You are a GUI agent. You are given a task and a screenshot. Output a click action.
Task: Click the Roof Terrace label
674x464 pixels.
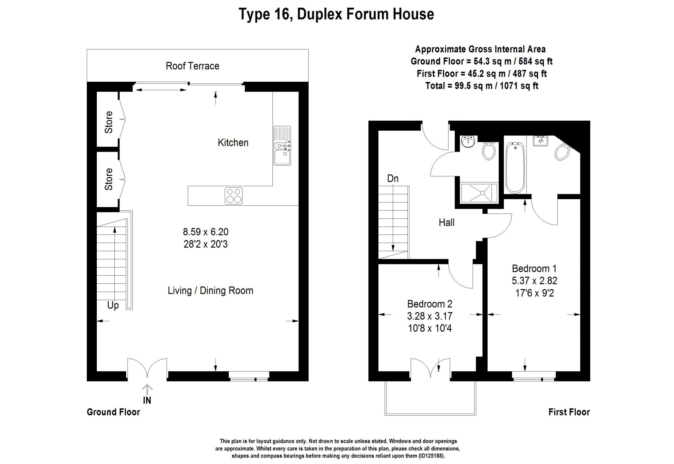[x=192, y=66]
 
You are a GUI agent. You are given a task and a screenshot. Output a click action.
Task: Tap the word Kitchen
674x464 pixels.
[x=233, y=143]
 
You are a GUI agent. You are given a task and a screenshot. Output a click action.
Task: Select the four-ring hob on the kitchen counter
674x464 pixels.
[x=234, y=196]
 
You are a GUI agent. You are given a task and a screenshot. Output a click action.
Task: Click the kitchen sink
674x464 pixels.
[x=282, y=146]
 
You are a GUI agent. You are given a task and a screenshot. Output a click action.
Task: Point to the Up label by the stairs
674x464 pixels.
[x=113, y=306]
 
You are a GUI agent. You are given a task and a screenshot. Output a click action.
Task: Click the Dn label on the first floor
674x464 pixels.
[x=393, y=178]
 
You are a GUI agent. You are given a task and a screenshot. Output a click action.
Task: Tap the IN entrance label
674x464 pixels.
[x=147, y=400]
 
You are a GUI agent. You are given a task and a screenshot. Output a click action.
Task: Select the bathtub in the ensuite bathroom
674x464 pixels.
[x=515, y=168]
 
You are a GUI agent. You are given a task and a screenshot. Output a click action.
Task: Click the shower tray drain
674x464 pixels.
[x=483, y=193]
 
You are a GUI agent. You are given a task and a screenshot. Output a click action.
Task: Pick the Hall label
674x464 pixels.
[x=447, y=223]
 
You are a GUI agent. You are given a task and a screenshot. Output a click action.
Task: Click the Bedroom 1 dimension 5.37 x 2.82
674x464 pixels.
[x=534, y=281]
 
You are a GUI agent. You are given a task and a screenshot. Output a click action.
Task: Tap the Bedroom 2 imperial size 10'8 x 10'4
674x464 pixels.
[x=430, y=329]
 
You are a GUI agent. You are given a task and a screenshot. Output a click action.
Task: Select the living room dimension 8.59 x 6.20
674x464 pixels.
[x=206, y=232]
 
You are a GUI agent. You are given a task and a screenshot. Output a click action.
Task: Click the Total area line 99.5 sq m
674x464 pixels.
[x=482, y=86]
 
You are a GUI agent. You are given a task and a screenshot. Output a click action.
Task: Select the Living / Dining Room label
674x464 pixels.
[x=211, y=290]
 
